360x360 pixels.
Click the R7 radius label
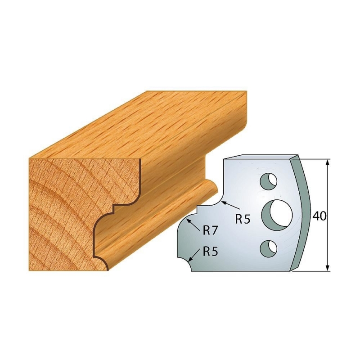click(210, 231)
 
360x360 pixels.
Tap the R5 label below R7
click(210, 252)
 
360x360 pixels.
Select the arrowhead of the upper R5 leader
click(223, 203)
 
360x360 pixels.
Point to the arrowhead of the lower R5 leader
click(191, 260)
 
